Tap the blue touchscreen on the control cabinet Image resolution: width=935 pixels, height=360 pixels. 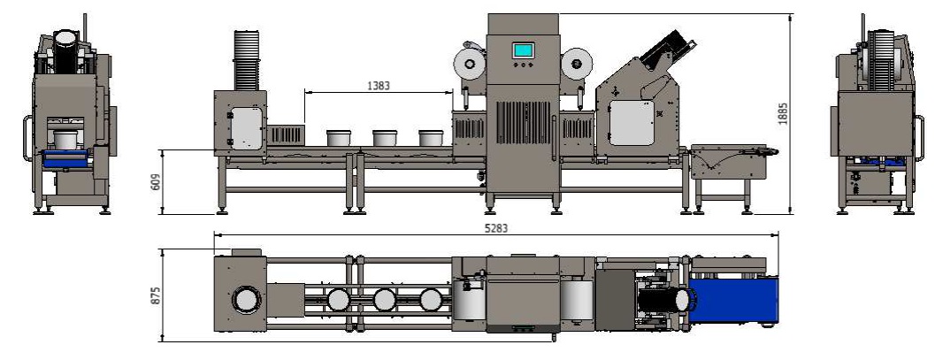(x=524, y=50)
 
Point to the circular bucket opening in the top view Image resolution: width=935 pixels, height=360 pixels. (x=245, y=301)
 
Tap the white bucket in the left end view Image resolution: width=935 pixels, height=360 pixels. (x=65, y=140)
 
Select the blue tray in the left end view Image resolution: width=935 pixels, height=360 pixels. (x=66, y=158)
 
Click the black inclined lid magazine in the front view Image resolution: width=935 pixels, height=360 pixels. (x=670, y=48)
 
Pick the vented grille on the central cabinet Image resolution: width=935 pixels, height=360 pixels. (x=524, y=123)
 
